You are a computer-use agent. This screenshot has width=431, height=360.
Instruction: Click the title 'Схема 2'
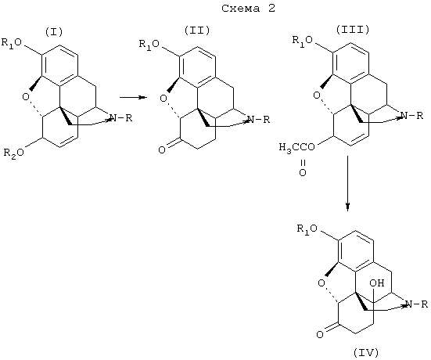248,9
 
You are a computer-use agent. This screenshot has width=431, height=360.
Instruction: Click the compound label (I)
54,32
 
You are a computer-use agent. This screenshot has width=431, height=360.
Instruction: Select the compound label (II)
197,30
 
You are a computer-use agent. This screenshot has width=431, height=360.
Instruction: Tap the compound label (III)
352,30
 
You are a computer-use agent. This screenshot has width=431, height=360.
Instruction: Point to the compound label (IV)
366,352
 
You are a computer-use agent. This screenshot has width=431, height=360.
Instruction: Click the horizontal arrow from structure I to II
132,97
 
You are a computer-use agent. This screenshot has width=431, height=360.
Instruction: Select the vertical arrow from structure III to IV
348,183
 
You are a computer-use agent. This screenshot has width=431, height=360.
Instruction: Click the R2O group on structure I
14,153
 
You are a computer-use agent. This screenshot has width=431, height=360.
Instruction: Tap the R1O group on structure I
12,43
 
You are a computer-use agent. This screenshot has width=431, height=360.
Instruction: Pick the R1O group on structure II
149,45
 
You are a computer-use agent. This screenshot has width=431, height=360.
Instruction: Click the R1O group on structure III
303,41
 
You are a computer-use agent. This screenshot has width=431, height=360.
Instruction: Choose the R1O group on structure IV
307,229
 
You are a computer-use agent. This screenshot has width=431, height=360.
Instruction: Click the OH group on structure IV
377,283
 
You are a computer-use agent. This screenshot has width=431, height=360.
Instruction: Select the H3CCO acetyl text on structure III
297,148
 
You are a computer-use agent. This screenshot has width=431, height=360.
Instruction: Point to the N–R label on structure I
121,118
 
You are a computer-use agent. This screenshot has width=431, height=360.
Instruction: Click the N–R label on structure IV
416,304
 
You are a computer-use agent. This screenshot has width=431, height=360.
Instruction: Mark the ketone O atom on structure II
162,150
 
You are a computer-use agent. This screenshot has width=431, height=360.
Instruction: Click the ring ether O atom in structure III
317,95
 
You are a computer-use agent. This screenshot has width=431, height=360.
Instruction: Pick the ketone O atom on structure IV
320,335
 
